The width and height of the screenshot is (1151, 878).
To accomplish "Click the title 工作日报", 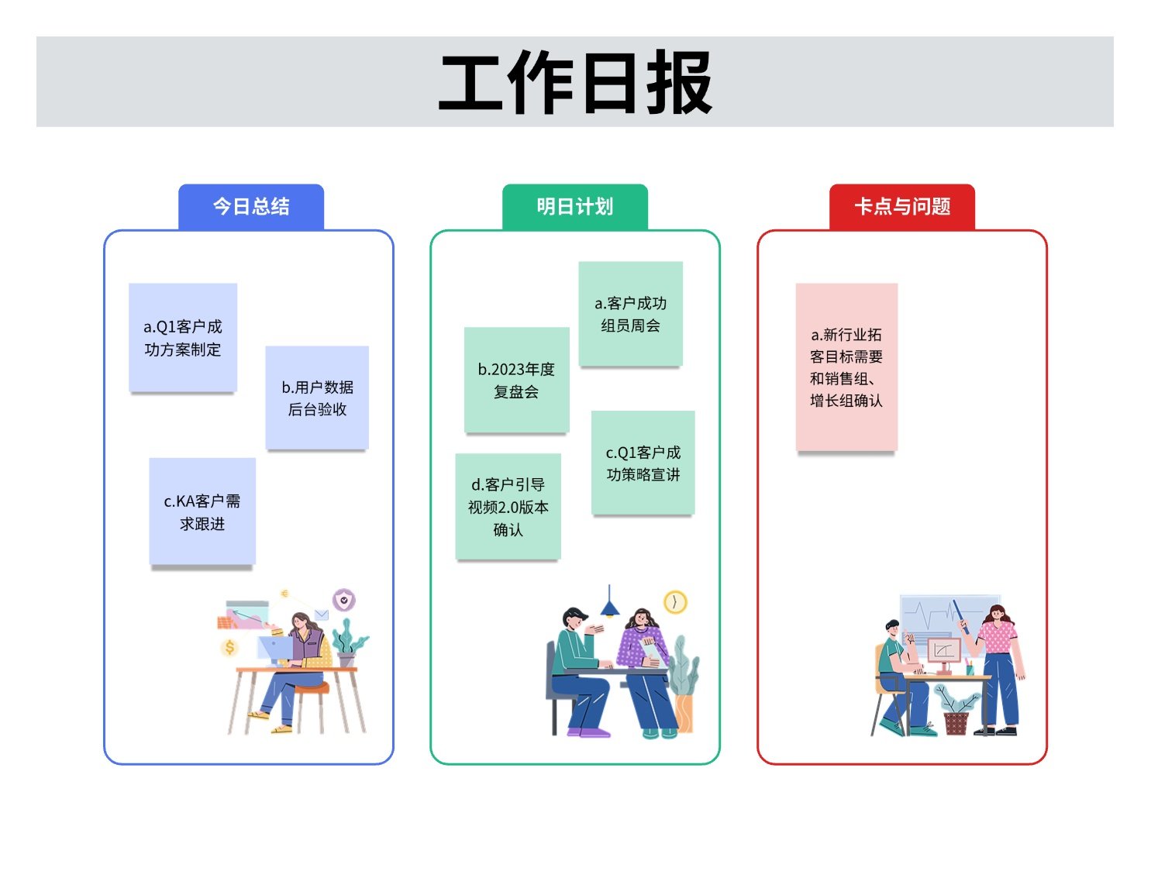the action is [574, 82].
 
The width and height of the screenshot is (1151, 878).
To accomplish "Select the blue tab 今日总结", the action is [250, 207].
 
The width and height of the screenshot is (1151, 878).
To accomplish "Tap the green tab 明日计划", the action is [574, 207].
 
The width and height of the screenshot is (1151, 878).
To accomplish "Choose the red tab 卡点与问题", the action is [902, 207].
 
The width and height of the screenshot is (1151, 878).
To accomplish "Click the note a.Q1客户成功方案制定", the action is [182, 338].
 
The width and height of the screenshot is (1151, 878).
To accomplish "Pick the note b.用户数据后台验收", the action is [317, 398].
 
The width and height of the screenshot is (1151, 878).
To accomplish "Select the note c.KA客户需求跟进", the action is [202, 511].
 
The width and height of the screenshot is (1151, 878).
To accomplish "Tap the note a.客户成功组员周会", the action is [630, 313].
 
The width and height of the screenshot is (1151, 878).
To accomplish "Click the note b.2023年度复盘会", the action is [516, 380].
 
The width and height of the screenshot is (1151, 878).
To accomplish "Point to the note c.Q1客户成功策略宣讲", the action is [643, 463].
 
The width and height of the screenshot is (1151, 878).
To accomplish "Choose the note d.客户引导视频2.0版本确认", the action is [508, 506].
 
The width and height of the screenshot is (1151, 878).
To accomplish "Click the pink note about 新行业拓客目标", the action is [846, 367].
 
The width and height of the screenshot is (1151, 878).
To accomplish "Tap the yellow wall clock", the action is [675, 602].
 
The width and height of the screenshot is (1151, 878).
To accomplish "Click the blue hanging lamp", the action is [609, 603].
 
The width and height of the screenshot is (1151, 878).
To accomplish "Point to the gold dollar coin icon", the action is [229, 648].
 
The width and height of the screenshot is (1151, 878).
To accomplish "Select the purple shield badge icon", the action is [344, 599].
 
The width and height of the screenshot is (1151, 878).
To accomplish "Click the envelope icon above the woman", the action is [321, 615].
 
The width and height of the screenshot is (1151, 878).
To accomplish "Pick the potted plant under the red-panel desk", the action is [956, 711].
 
